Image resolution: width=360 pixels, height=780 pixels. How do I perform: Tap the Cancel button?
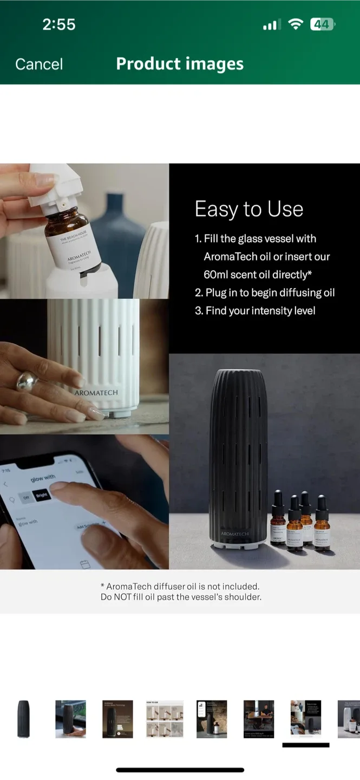pyautogui.click(x=39, y=64)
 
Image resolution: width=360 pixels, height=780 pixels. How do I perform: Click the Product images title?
pyautogui.click(x=180, y=64)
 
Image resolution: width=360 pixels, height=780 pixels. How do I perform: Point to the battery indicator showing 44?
pyautogui.click(x=322, y=24)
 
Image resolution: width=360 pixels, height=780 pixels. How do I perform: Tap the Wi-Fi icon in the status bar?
pyautogui.click(x=295, y=24)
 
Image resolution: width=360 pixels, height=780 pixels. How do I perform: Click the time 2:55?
pyautogui.click(x=59, y=24)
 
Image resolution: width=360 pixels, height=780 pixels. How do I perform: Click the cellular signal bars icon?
pyautogui.click(x=270, y=25)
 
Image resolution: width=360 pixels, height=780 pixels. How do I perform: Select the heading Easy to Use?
pyautogui.click(x=248, y=209)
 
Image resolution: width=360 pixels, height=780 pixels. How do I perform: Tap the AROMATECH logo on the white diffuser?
pyautogui.click(x=96, y=393)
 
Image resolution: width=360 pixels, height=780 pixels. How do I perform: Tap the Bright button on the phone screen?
pyautogui.click(x=42, y=495)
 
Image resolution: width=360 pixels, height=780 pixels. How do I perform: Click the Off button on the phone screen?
pyautogui.click(x=26, y=498)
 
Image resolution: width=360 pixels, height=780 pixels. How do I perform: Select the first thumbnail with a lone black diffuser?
pyautogui.click(x=23, y=719)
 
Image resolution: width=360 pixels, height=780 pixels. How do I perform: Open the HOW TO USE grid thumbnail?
pyautogui.click(x=165, y=719)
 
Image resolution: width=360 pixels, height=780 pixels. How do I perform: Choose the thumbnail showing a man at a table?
pyautogui.click(x=258, y=719)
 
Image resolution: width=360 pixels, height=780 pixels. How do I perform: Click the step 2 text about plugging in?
pyautogui.click(x=265, y=292)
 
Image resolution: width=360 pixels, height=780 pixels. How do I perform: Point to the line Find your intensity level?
pyautogui.click(x=256, y=310)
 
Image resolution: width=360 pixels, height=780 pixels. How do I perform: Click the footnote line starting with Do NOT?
pyautogui.click(x=181, y=597)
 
